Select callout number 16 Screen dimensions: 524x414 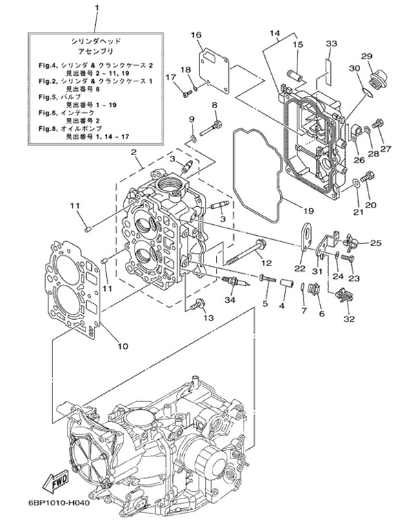point(196,34)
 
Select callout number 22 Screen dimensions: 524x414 point(299,268)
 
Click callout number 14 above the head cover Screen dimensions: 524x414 point(275,32)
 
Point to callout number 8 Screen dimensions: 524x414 point(214,104)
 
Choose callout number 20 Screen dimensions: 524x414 point(370,205)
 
